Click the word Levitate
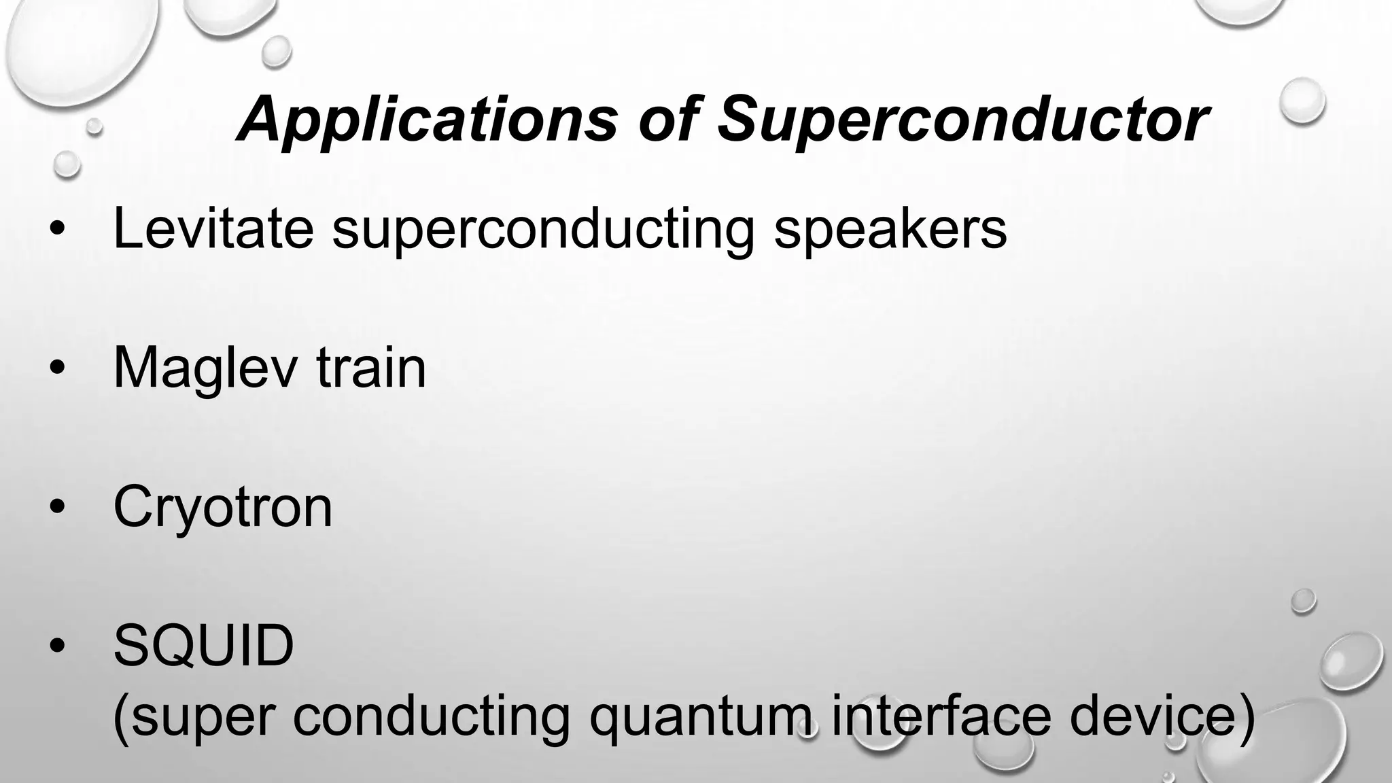pos(213,228)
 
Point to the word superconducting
pos(543,230)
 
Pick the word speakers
pos(890,230)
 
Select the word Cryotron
pos(223,507)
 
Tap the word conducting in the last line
pos(432,718)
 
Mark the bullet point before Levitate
pos(58,230)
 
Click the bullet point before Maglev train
pos(58,368)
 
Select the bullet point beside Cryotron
pos(58,507)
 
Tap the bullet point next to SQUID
pos(58,646)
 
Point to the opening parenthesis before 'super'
pos(120,718)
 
